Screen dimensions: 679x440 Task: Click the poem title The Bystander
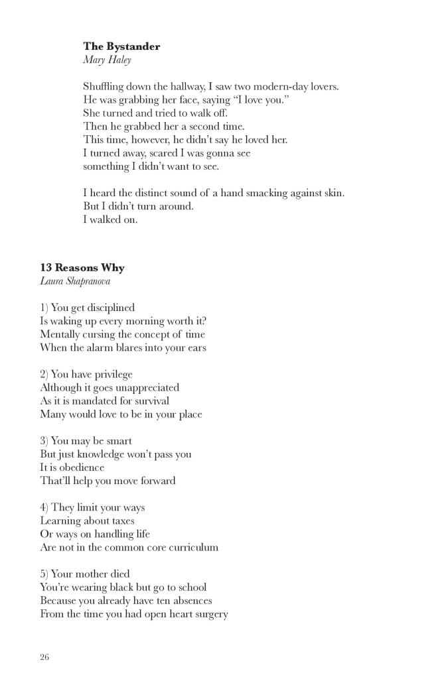point(121,46)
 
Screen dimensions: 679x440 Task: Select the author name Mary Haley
point(107,60)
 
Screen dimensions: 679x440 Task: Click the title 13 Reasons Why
point(82,268)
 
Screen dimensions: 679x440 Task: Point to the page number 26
point(44,657)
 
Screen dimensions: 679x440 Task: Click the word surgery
point(209,614)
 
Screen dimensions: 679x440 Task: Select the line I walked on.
point(110,219)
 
